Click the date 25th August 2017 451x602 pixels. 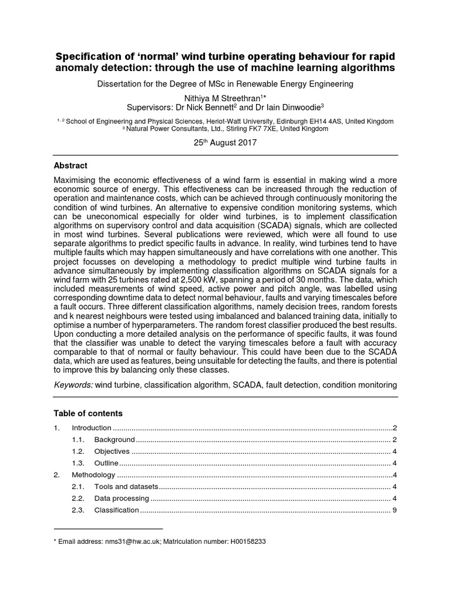pos(225,142)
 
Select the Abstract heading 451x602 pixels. pos(70,166)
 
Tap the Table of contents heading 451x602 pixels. pos(88,413)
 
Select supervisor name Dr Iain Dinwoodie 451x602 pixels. pos(290,108)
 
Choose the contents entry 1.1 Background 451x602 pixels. pos(115,440)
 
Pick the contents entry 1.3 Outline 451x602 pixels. pos(106,463)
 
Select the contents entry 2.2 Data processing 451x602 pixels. pos(122,499)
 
